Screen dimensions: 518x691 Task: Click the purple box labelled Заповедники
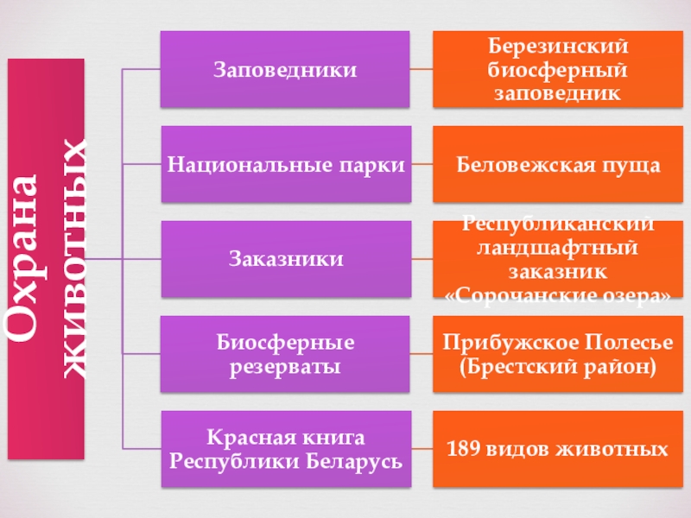click(285, 69)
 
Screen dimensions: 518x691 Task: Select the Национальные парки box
click(285, 164)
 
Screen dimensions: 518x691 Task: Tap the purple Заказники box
click(285, 258)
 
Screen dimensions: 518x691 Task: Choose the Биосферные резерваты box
click(285, 354)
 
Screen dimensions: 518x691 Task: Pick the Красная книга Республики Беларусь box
click(285, 449)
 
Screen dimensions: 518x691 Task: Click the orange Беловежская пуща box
click(558, 164)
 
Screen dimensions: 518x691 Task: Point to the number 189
click(464, 449)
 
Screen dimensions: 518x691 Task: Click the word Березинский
click(558, 47)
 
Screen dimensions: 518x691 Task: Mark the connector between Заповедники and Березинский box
click(421, 69)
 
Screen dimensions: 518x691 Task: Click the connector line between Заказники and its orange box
click(421, 258)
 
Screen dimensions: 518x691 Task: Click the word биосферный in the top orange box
click(558, 69)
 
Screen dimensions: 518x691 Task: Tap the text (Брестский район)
click(558, 366)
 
